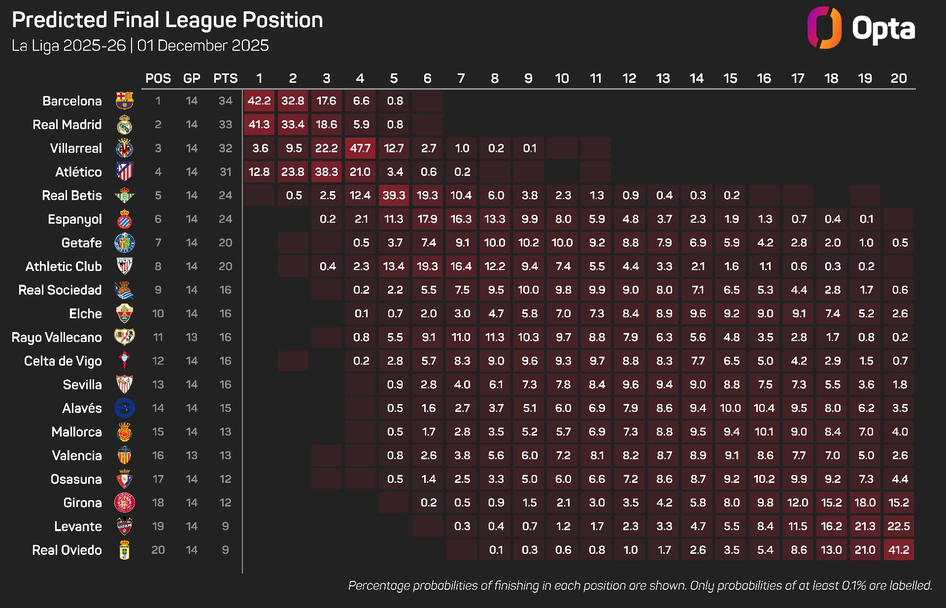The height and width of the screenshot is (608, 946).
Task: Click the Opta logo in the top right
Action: tap(861, 28)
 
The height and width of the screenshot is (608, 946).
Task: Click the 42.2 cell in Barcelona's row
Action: tap(259, 101)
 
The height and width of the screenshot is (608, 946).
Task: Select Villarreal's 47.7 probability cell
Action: tap(360, 148)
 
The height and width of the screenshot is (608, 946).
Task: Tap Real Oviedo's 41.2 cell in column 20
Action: tap(898, 550)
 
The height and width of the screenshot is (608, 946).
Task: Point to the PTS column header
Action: tap(225, 78)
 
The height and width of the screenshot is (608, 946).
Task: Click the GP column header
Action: tap(192, 78)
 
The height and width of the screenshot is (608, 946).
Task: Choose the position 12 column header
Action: tap(629, 78)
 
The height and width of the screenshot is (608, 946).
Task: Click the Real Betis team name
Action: tap(72, 196)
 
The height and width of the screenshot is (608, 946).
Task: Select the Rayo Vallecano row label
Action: tap(57, 338)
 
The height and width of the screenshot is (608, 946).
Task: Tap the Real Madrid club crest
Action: tap(124, 125)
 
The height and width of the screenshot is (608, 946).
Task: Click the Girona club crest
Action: tap(124, 503)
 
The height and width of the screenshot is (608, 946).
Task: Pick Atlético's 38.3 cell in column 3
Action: tap(326, 172)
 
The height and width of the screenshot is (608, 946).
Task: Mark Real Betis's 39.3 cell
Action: tap(394, 196)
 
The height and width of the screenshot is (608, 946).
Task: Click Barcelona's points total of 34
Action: tap(225, 101)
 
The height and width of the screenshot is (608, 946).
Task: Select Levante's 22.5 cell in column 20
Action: tap(898, 526)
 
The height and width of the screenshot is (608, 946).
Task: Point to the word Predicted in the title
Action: tap(60, 20)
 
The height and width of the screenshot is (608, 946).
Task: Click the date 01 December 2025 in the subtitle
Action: tap(203, 46)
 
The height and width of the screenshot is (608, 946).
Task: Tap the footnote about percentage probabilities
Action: tap(640, 585)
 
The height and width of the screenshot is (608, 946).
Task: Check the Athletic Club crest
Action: tap(124, 267)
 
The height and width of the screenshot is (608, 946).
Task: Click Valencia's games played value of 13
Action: tap(192, 455)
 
